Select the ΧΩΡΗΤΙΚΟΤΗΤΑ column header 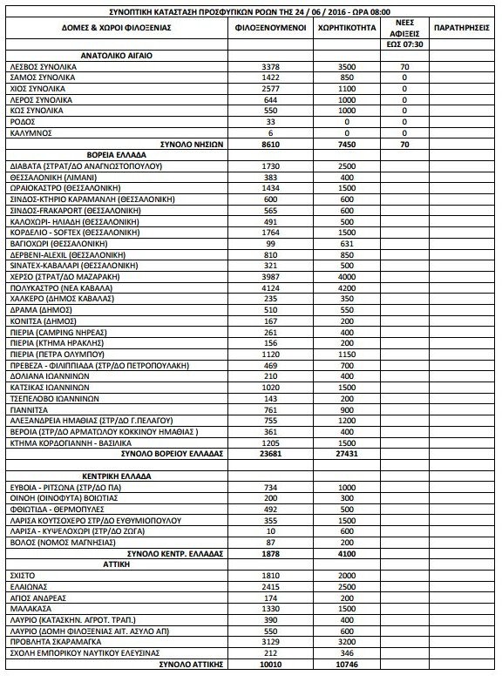[x=347, y=27]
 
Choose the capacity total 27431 [x=347, y=454]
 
